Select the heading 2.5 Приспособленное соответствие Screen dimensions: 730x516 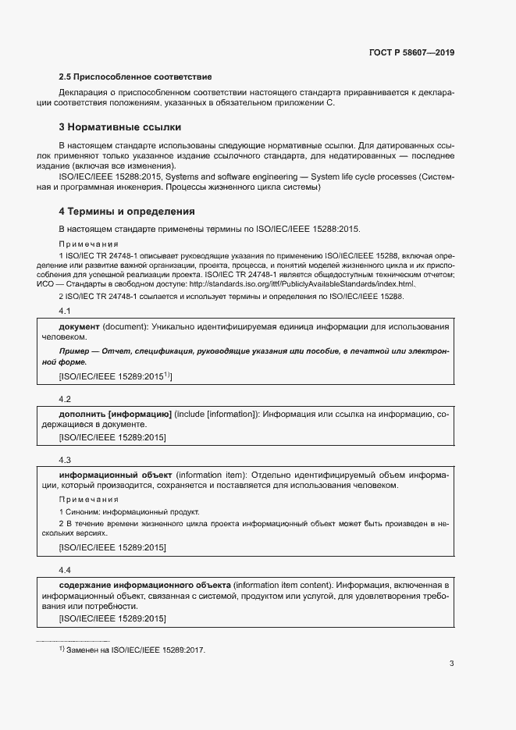point(136,77)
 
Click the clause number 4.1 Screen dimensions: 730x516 point(65,312)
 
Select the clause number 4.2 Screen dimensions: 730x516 point(65,398)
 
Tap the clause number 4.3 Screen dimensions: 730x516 point(65,460)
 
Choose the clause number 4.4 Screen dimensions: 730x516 point(65,570)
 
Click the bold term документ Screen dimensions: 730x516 point(79,326)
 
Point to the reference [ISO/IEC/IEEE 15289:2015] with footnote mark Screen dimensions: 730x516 point(115,376)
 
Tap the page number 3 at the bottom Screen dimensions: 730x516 point(451,664)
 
